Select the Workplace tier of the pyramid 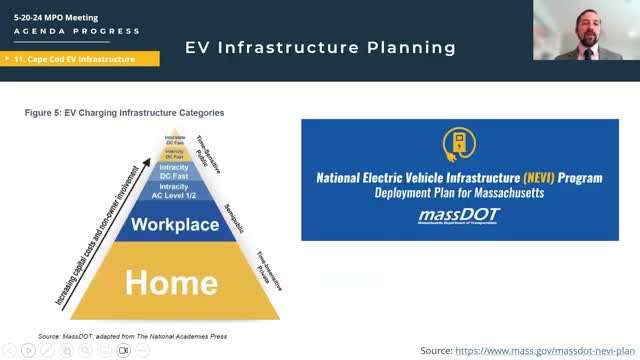click(174, 224)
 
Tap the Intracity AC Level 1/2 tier click(174, 191)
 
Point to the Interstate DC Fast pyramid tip click(174, 143)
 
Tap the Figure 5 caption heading click(124, 113)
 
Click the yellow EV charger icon click(459, 146)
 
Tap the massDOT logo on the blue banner click(459, 217)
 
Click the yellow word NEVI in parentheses click(521, 177)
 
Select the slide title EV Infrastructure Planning click(320, 47)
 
